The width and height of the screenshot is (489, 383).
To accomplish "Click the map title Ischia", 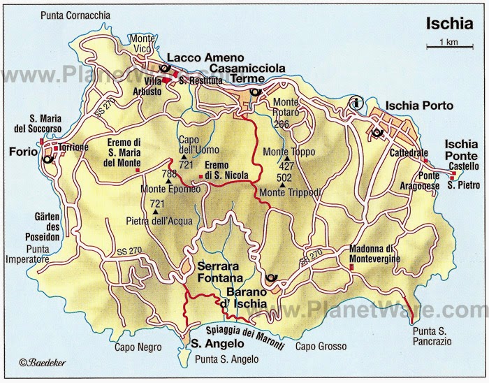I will (x=449, y=23).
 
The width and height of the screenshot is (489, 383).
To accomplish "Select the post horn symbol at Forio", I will (x=48, y=159).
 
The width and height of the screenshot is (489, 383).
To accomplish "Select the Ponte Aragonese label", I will (x=439, y=180).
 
